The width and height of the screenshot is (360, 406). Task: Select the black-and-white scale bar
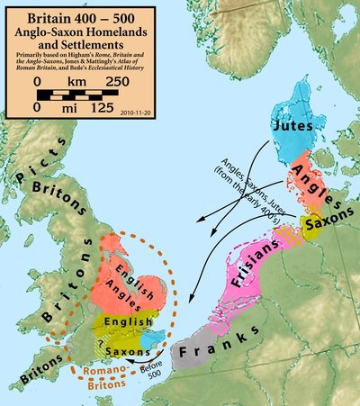tap(82, 95)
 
